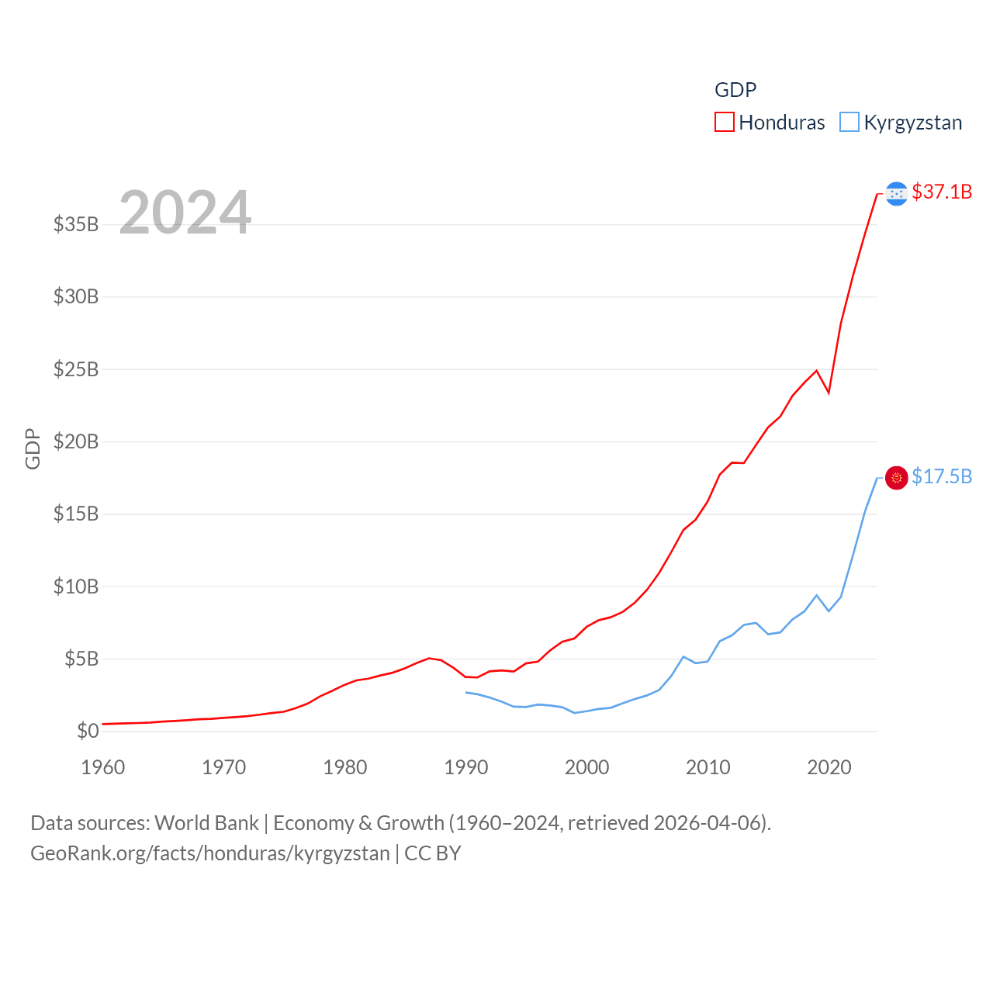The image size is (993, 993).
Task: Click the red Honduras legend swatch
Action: (724, 123)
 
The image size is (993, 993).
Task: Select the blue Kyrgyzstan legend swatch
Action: (849, 123)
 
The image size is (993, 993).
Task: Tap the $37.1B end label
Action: (942, 192)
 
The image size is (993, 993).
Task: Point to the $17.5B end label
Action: (942, 476)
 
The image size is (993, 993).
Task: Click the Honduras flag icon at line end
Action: (896, 193)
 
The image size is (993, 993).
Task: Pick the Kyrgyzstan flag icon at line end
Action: (896, 478)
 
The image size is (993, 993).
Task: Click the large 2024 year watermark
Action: (185, 212)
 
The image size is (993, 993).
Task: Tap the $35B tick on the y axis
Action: (76, 224)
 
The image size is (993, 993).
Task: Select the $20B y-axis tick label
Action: (76, 441)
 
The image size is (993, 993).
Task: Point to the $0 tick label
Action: (88, 731)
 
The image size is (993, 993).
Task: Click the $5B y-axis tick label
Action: (81, 659)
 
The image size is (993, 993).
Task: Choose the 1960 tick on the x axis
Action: (103, 767)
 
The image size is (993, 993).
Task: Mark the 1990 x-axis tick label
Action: (466, 767)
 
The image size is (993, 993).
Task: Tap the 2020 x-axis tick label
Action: (829, 767)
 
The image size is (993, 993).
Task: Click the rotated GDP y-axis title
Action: (33, 448)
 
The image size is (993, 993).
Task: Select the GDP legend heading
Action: (735, 90)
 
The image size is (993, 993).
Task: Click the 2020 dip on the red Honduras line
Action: (829, 393)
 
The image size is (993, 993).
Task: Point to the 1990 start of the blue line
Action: (466, 692)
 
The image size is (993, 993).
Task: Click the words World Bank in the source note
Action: (206, 822)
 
